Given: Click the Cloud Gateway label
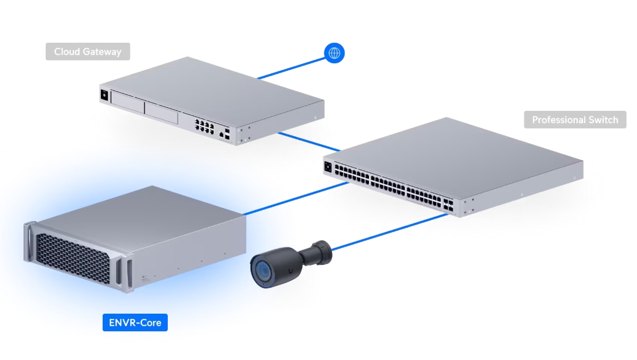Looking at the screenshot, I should [87, 52].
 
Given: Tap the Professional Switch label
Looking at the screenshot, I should [575, 120].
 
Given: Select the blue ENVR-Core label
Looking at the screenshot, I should [135, 322].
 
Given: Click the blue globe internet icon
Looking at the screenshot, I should [334, 53].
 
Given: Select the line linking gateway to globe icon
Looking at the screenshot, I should [290, 66].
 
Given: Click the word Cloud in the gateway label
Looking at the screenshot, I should [67, 52].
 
